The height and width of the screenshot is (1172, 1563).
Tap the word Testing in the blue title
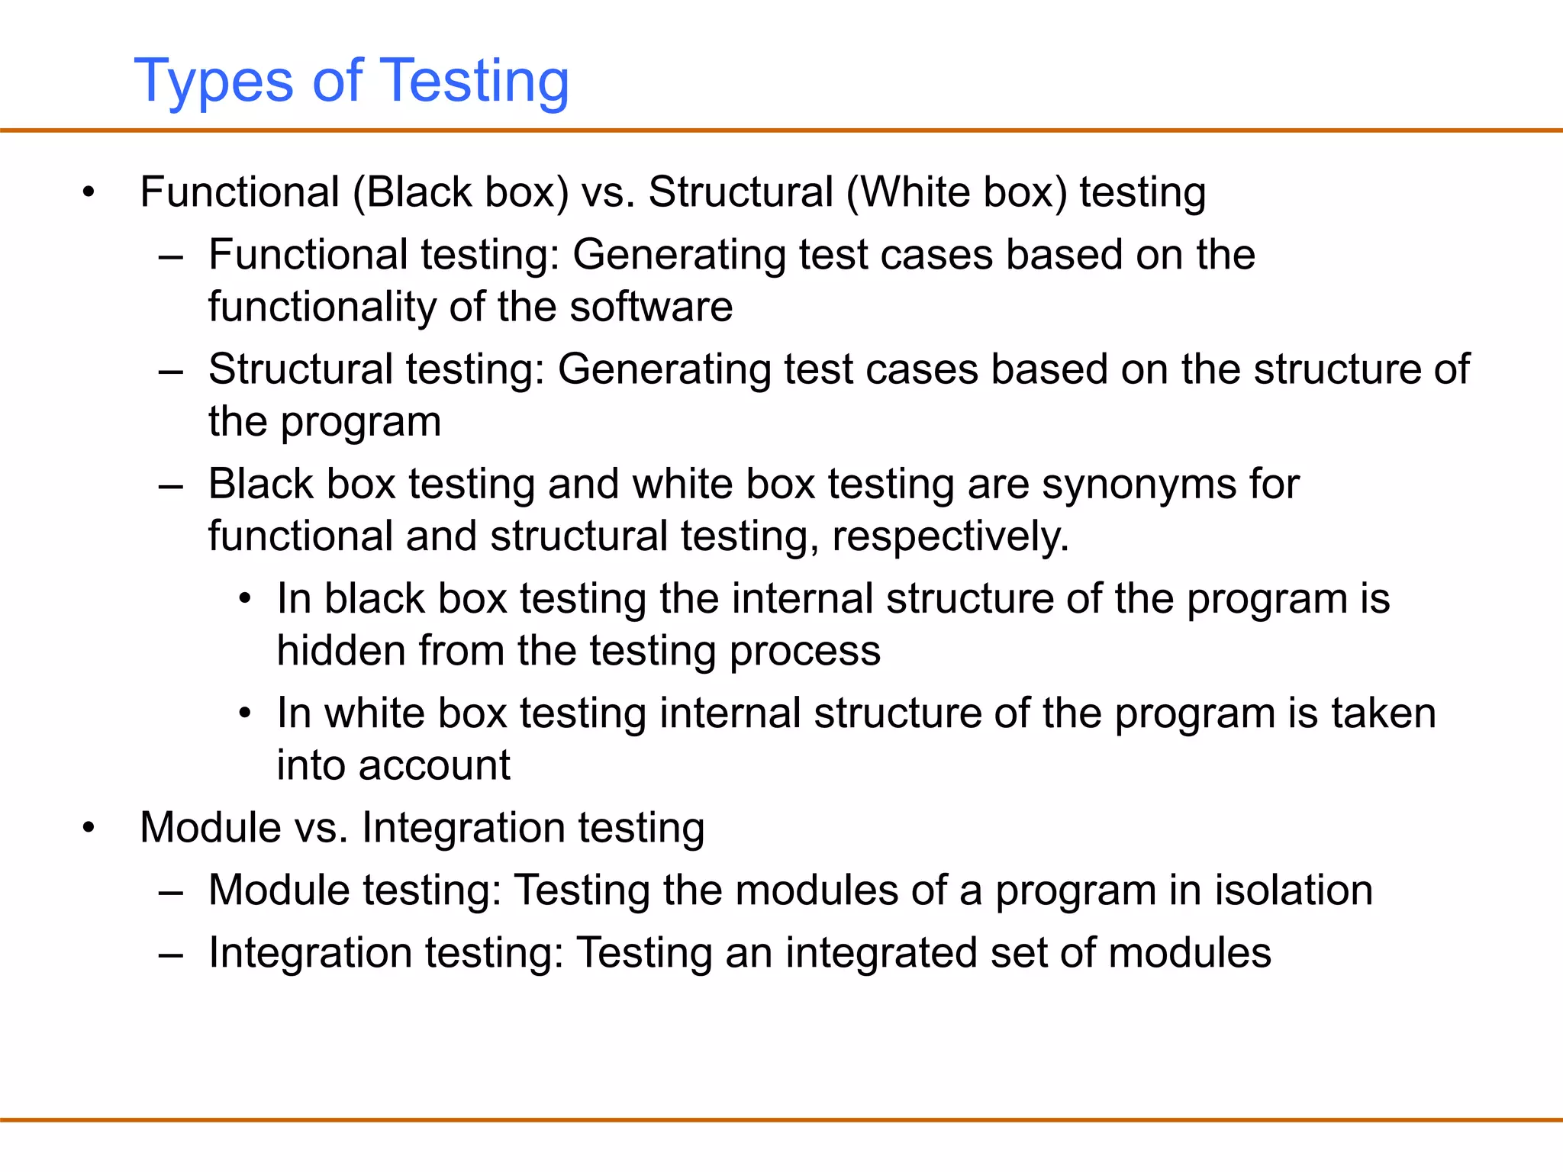474,81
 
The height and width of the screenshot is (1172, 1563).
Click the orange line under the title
781,130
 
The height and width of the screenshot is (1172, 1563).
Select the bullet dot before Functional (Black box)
89,192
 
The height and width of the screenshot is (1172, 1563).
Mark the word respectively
950,536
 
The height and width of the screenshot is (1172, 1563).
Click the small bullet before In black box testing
244,599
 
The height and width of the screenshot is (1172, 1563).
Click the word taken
1384,713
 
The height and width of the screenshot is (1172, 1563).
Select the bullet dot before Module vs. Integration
89,828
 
